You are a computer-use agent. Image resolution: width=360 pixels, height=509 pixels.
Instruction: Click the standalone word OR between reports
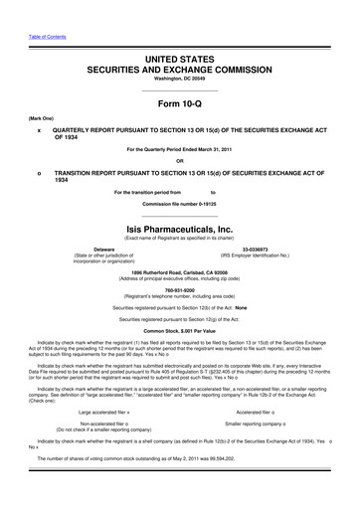pyautogui.click(x=179, y=160)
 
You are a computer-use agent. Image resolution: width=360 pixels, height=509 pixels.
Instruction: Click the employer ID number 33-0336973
pyautogui.click(x=257, y=249)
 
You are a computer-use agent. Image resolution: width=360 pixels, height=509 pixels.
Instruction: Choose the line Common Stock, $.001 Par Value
pyautogui.click(x=179, y=344)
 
